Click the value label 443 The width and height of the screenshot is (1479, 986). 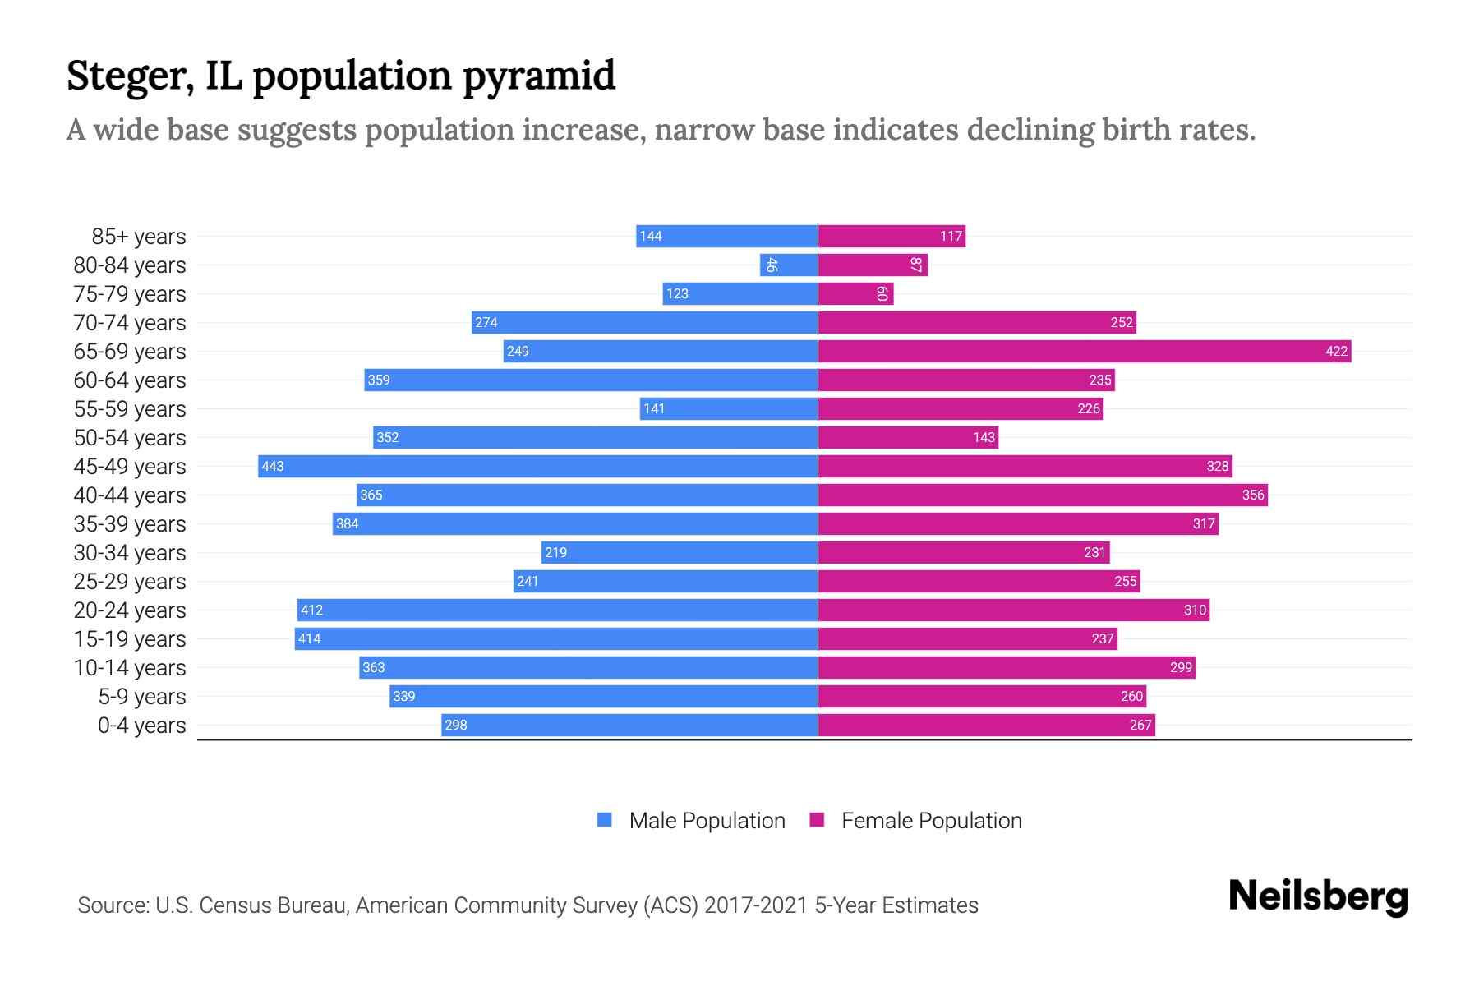pos(273,467)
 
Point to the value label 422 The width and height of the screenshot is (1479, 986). pos(1336,352)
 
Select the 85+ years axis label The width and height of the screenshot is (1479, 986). pos(138,237)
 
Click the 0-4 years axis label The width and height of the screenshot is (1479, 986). pos(141,726)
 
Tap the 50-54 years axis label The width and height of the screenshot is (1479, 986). pos(130,438)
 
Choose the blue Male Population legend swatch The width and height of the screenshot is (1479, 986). pos(605,820)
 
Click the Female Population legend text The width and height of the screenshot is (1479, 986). pos(931,821)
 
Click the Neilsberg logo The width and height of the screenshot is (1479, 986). pos(1318,896)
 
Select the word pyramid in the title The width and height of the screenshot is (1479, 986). pos(538,76)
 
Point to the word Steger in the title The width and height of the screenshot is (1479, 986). pos(130,76)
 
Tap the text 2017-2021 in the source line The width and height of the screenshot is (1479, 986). pos(756,905)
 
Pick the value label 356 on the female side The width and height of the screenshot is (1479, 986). pos(1252,495)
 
